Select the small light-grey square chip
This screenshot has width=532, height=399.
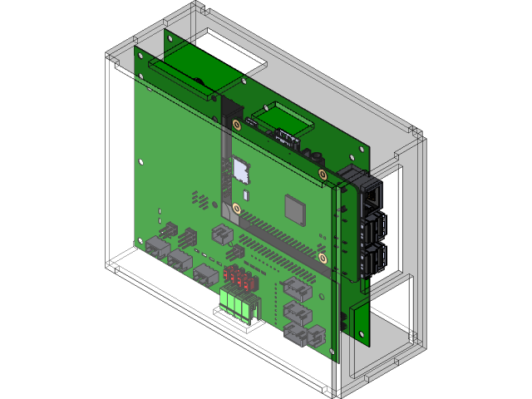[x=242, y=170]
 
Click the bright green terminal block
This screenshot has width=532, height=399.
[x=236, y=303]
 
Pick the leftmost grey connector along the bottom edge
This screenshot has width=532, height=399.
[x=157, y=246]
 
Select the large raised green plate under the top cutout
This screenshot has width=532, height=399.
[x=187, y=66]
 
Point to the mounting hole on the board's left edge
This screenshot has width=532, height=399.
[x=141, y=160]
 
